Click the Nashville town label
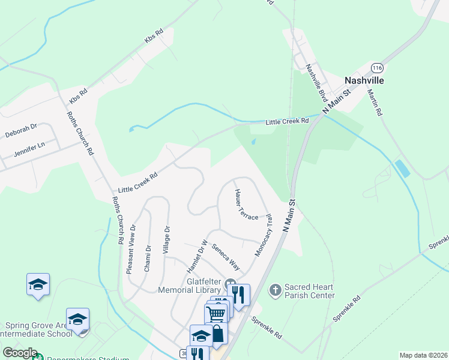[364, 80]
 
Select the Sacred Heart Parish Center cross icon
[275, 291]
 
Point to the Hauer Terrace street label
[246, 204]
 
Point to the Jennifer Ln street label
[29, 146]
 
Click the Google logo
[20, 353]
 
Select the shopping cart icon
[215, 313]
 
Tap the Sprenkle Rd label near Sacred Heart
[266, 328]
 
